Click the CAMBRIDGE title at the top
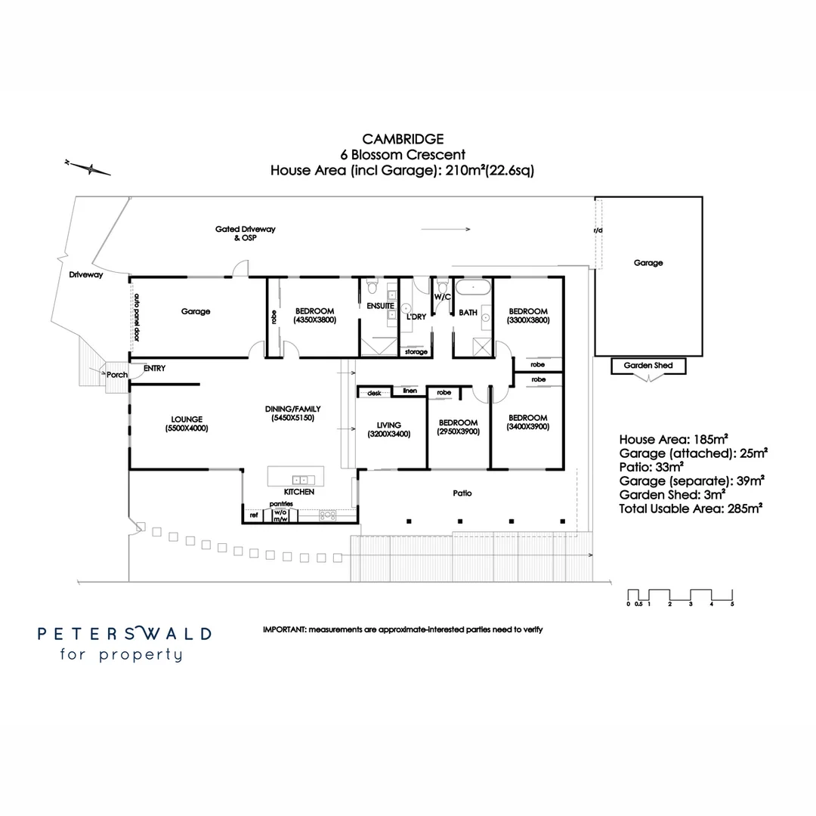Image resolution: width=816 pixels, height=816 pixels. [x=403, y=139]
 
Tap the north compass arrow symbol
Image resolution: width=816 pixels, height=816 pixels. [x=88, y=168]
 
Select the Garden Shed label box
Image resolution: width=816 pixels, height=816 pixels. [x=648, y=366]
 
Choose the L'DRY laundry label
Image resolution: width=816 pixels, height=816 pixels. [x=416, y=317]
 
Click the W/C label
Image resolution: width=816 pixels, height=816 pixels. [x=442, y=297]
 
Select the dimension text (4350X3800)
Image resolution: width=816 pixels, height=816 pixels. [x=314, y=320]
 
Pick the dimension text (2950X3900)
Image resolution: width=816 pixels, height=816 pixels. [x=458, y=431]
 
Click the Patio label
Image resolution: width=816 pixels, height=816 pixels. [x=462, y=493]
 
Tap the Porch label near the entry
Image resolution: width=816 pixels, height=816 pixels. [x=116, y=374]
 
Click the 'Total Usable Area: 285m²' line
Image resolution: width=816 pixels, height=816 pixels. [x=690, y=508]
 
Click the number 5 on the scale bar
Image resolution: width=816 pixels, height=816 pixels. [x=732, y=604]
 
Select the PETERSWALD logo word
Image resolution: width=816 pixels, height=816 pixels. [x=125, y=633]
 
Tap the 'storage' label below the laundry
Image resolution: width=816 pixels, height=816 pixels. [x=416, y=352]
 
